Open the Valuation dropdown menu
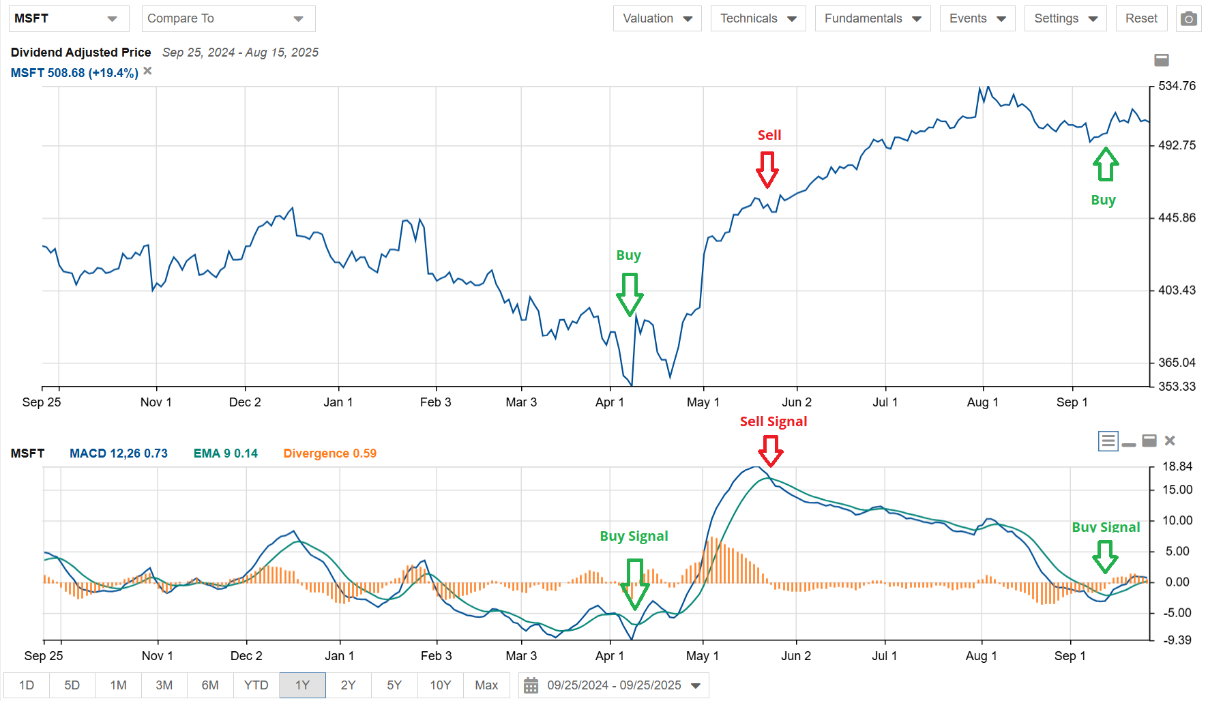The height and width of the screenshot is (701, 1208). pyautogui.click(x=657, y=18)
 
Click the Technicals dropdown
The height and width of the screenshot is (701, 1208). pyautogui.click(x=758, y=18)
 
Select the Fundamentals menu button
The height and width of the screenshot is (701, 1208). pyautogui.click(x=872, y=18)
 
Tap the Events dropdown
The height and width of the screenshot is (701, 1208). pyautogui.click(x=977, y=18)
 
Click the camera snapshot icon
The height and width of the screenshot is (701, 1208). pyautogui.click(x=1189, y=18)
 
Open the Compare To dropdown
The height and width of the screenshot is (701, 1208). pyautogui.click(x=228, y=18)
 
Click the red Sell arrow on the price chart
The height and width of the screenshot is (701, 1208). pyautogui.click(x=767, y=169)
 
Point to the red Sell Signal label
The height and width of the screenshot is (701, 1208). pyautogui.click(x=773, y=421)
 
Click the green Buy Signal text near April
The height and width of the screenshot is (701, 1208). pyautogui.click(x=634, y=536)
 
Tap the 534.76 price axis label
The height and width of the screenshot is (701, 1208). pyautogui.click(x=1177, y=86)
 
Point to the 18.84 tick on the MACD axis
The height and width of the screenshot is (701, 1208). pyautogui.click(x=1177, y=466)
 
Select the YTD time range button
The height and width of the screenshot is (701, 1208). pyautogui.click(x=256, y=685)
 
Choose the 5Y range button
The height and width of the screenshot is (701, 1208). pyautogui.click(x=394, y=685)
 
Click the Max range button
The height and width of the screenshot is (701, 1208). pyautogui.click(x=486, y=685)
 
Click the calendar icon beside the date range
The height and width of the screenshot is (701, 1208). pyautogui.click(x=531, y=685)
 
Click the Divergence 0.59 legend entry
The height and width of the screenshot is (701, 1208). pyautogui.click(x=329, y=453)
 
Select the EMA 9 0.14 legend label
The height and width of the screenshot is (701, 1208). pyautogui.click(x=225, y=453)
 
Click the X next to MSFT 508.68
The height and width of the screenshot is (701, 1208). pyautogui.click(x=147, y=71)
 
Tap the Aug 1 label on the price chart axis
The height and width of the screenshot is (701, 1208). pyautogui.click(x=982, y=402)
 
